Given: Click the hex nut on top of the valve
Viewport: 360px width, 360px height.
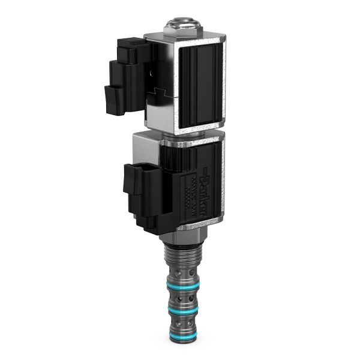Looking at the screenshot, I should point(184,28).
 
